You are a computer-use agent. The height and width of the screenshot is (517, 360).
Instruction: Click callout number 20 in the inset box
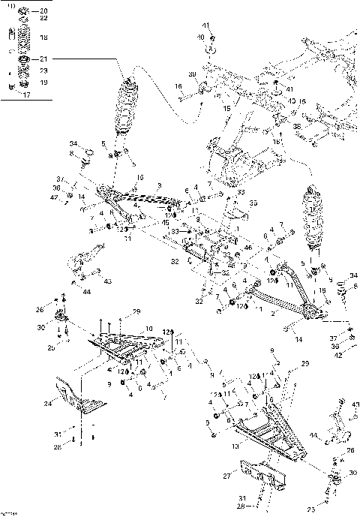(x=43, y=11)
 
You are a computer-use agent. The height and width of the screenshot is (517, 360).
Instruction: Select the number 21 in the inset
(x=43, y=59)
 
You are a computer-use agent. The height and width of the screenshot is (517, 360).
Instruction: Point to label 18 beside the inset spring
(x=43, y=36)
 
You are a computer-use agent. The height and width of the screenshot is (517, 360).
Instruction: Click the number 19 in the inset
(x=43, y=82)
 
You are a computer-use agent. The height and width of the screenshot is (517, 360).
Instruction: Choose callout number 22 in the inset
(x=43, y=18)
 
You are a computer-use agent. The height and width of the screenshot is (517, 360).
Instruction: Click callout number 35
(x=253, y=203)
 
